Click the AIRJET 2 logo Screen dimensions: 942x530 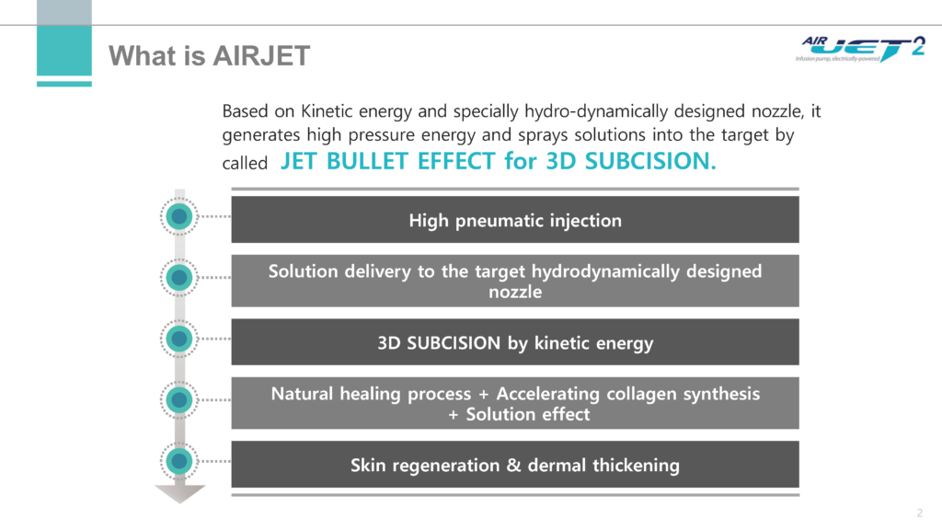[x=860, y=49]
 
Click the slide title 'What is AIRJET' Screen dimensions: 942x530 [x=209, y=56]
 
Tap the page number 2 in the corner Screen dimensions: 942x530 [x=919, y=513]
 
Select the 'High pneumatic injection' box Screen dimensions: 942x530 [x=515, y=220]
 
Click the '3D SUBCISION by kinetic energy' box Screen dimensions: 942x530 [x=515, y=342]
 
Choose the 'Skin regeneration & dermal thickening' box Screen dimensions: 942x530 [x=515, y=465]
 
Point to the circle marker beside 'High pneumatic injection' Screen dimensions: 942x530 [x=179, y=216]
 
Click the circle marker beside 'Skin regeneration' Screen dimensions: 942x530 [x=179, y=462]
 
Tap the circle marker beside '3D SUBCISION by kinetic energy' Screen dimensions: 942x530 [x=179, y=339]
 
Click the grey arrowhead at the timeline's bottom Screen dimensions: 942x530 [x=179, y=493]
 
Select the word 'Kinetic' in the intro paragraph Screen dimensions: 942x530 [x=327, y=111]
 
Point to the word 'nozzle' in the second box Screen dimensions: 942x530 [x=515, y=292]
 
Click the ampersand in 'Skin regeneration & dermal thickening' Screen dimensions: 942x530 [x=513, y=465]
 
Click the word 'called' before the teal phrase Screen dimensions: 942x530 [x=245, y=164]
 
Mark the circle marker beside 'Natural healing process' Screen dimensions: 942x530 [x=179, y=400]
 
